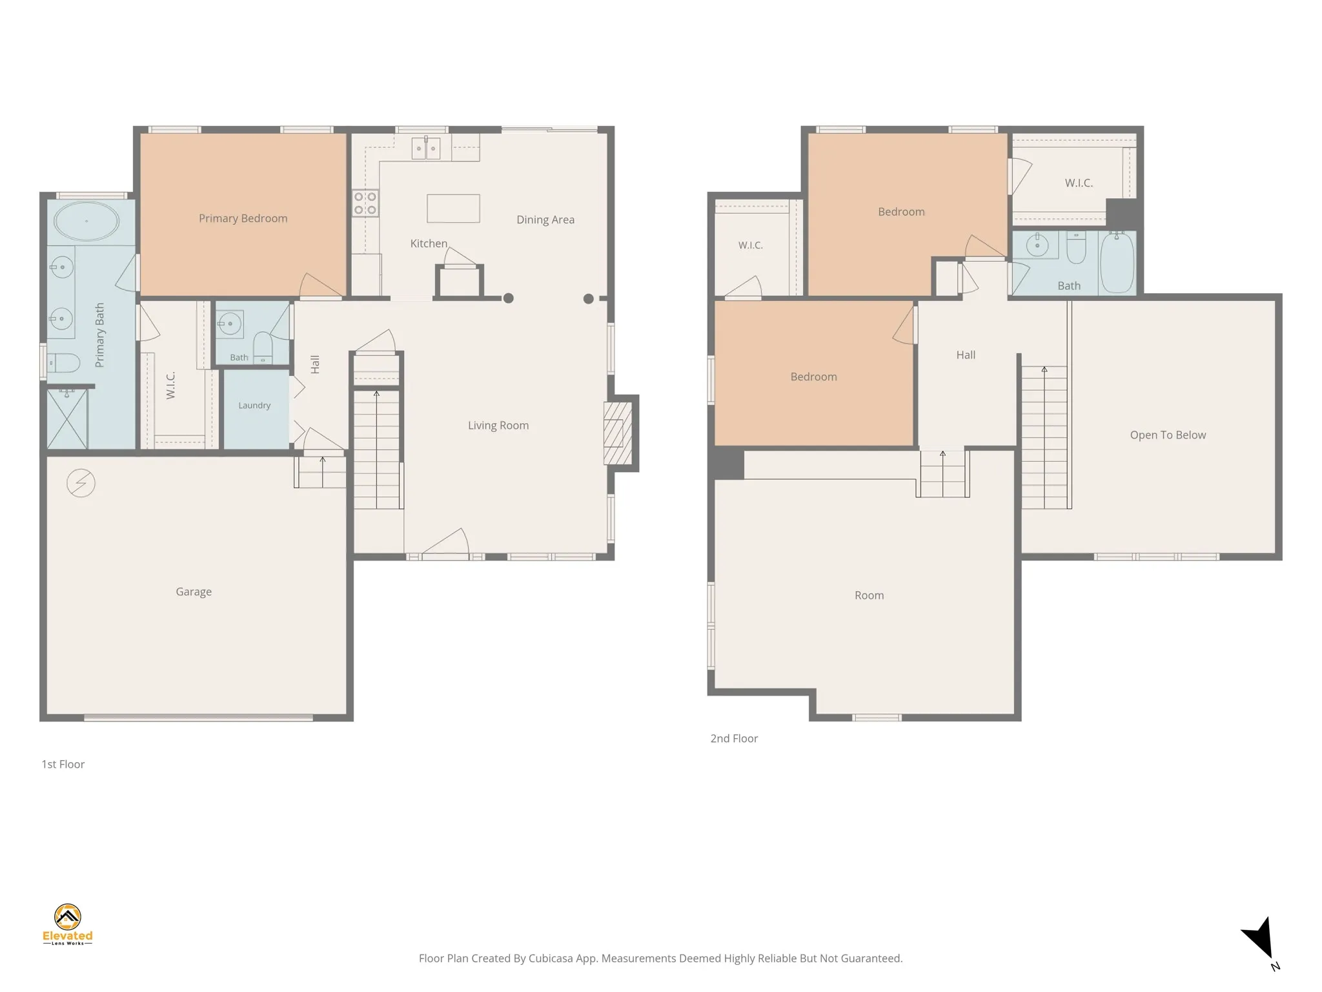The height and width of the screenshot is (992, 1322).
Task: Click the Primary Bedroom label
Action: pyautogui.click(x=243, y=218)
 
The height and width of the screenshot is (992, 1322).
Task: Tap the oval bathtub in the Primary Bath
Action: pyautogui.click(x=86, y=221)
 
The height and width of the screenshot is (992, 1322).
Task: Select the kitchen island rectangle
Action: pyautogui.click(x=453, y=209)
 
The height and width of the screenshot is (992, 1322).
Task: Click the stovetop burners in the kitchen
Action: pyautogui.click(x=365, y=203)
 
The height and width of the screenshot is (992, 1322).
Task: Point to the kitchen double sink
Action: pyautogui.click(x=426, y=148)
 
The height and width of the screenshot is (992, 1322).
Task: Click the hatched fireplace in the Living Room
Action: pyautogui.click(x=618, y=433)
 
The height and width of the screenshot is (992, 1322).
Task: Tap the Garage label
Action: pyautogui.click(x=194, y=592)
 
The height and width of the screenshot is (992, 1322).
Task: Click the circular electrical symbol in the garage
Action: pyautogui.click(x=81, y=483)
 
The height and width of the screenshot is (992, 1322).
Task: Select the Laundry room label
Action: pyautogui.click(x=254, y=406)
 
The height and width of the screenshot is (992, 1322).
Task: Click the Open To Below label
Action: pyautogui.click(x=1168, y=435)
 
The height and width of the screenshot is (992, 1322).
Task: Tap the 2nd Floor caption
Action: pyautogui.click(x=734, y=738)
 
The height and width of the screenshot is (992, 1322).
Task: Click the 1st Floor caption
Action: pyautogui.click(x=63, y=764)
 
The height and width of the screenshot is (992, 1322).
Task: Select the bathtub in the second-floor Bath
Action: pyautogui.click(x=1117, y=262)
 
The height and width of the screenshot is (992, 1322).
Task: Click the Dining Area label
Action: pyautogui.click(x=545, y=220)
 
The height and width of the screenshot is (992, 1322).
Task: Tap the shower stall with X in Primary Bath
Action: pyautogui.click(x=67, y=418)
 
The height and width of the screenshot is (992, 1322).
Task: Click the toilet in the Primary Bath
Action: pyautogui.click(x=63, y=363)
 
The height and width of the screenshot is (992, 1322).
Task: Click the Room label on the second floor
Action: pyautogui.click(x=869, y=595)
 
